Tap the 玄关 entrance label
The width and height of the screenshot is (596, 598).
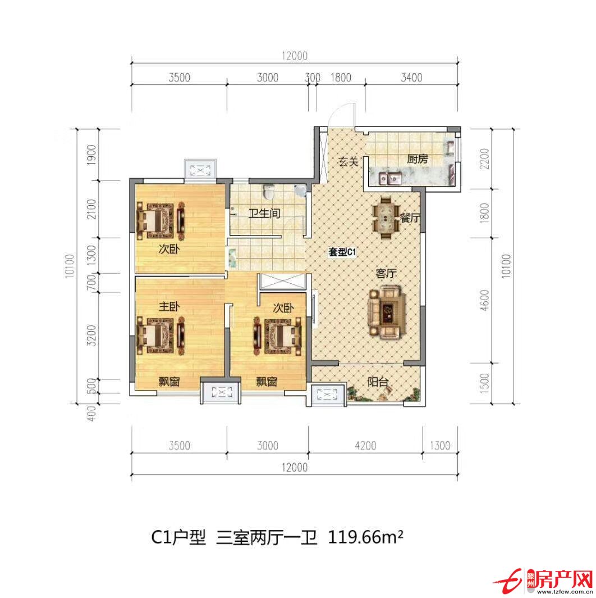pos(348,162)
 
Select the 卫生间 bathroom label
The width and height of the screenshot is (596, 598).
pos(264,214)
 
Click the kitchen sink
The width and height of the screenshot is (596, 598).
pos(391,179)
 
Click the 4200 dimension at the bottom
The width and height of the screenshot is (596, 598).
pos(366,446)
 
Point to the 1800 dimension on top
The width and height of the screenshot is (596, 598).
pos(341,78)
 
